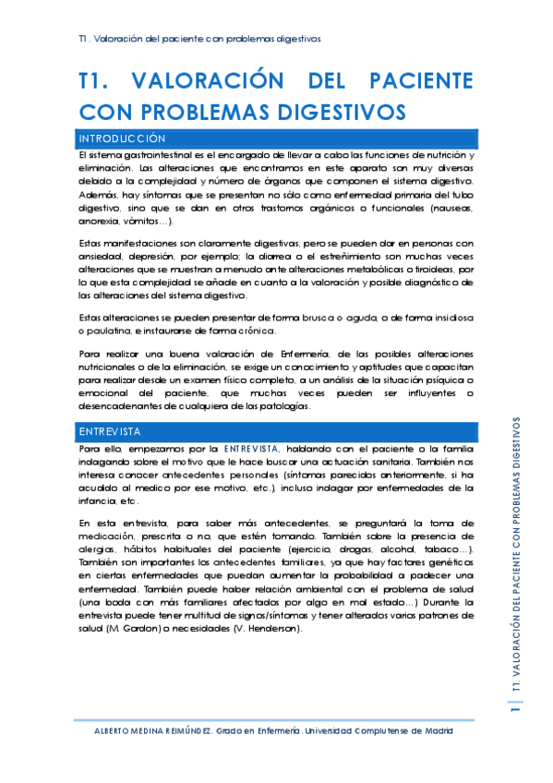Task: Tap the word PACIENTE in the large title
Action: [419, 80]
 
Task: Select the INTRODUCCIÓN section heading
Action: [123, 138]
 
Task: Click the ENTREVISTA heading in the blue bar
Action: [109, 431]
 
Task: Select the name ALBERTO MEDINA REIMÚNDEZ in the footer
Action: [151, 730]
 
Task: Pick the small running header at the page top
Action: [199, 40]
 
